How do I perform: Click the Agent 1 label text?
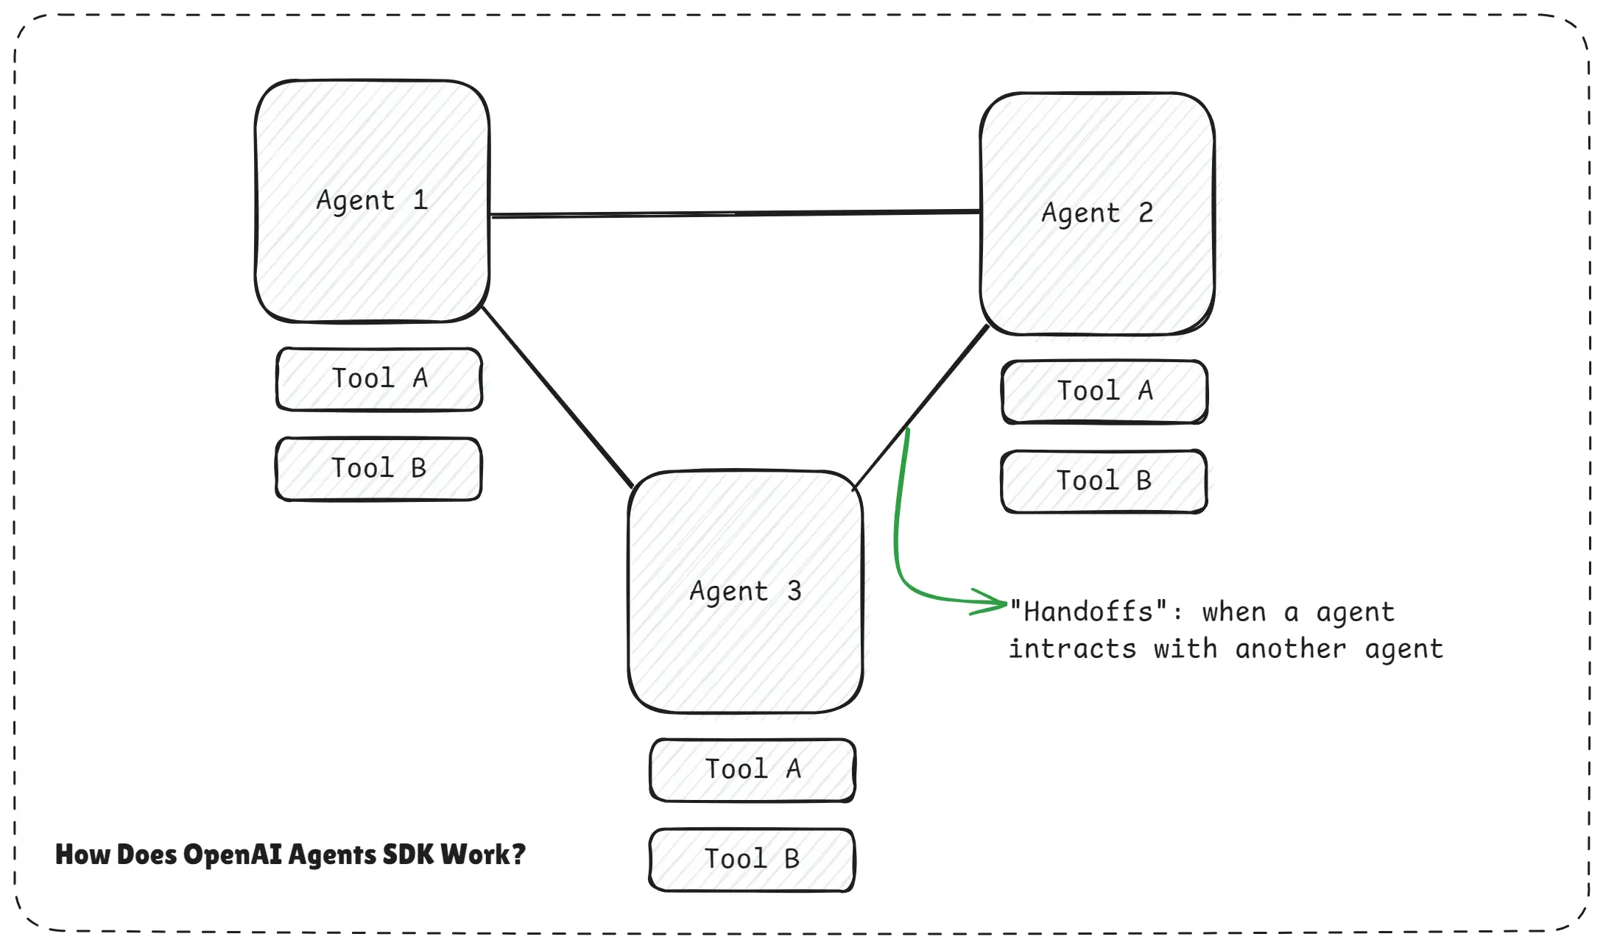tap(372, 201)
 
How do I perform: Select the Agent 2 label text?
tap(1097, 213)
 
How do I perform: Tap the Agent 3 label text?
tap(745, 592)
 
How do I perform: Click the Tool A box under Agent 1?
tap(379, 379)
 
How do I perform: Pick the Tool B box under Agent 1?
tap(378, 469)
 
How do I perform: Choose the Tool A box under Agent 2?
tap(1105, 392)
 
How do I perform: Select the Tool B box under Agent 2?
tap(1104, 481)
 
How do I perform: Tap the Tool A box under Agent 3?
tap(753, 770)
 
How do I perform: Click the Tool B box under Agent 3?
tap(752, 860)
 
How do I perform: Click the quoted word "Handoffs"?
tap(1088, 612)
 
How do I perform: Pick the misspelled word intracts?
tap(1072, 649)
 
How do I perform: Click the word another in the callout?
tap(1291, 649)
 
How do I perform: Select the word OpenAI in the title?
tap(232, 854)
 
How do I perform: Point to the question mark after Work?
tap(518, 854)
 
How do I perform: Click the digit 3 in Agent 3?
tap(794, 591)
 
